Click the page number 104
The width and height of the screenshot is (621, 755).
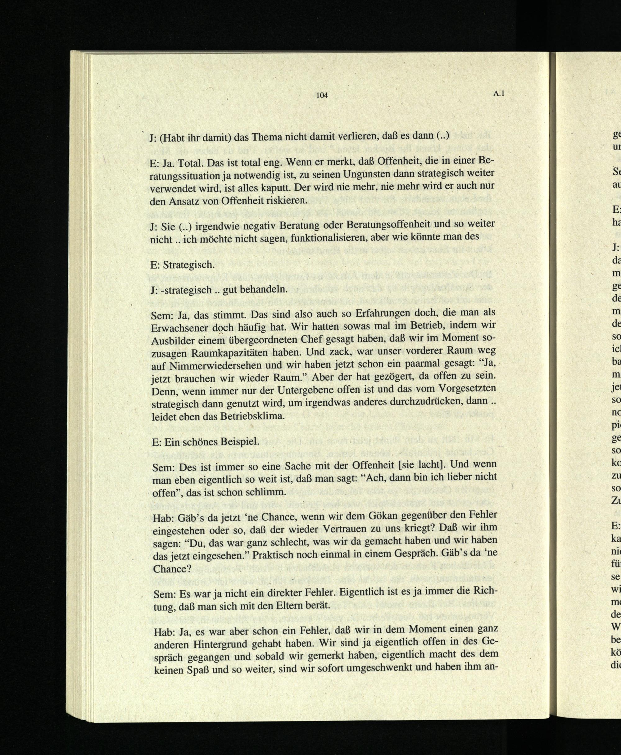click(322, 95)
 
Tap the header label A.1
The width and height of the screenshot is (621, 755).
click(498, 94)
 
